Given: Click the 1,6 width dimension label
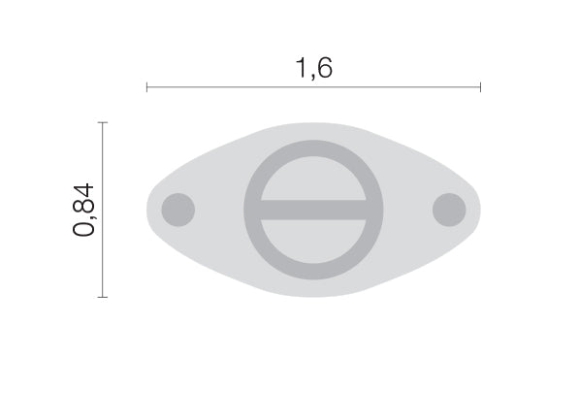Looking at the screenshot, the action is point(314,68).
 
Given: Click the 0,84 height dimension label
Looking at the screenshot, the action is point(83,210).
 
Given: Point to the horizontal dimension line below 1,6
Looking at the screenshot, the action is point(313,87).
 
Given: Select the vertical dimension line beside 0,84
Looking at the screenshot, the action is point(103,210).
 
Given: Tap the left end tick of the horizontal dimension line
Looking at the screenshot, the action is point(147,87).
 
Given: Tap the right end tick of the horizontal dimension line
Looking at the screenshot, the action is point(480,87).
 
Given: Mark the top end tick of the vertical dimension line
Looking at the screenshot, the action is point(103,122).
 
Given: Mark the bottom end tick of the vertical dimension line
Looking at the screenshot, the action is point(103,297).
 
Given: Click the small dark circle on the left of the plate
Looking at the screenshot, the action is point(178,210).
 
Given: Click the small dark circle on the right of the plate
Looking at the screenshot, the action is point(449,210).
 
